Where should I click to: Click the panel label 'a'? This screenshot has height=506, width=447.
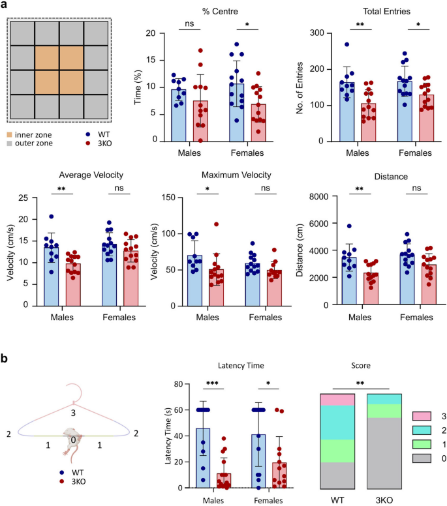(6, 7)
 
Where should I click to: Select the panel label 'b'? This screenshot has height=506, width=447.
(6, 359)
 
